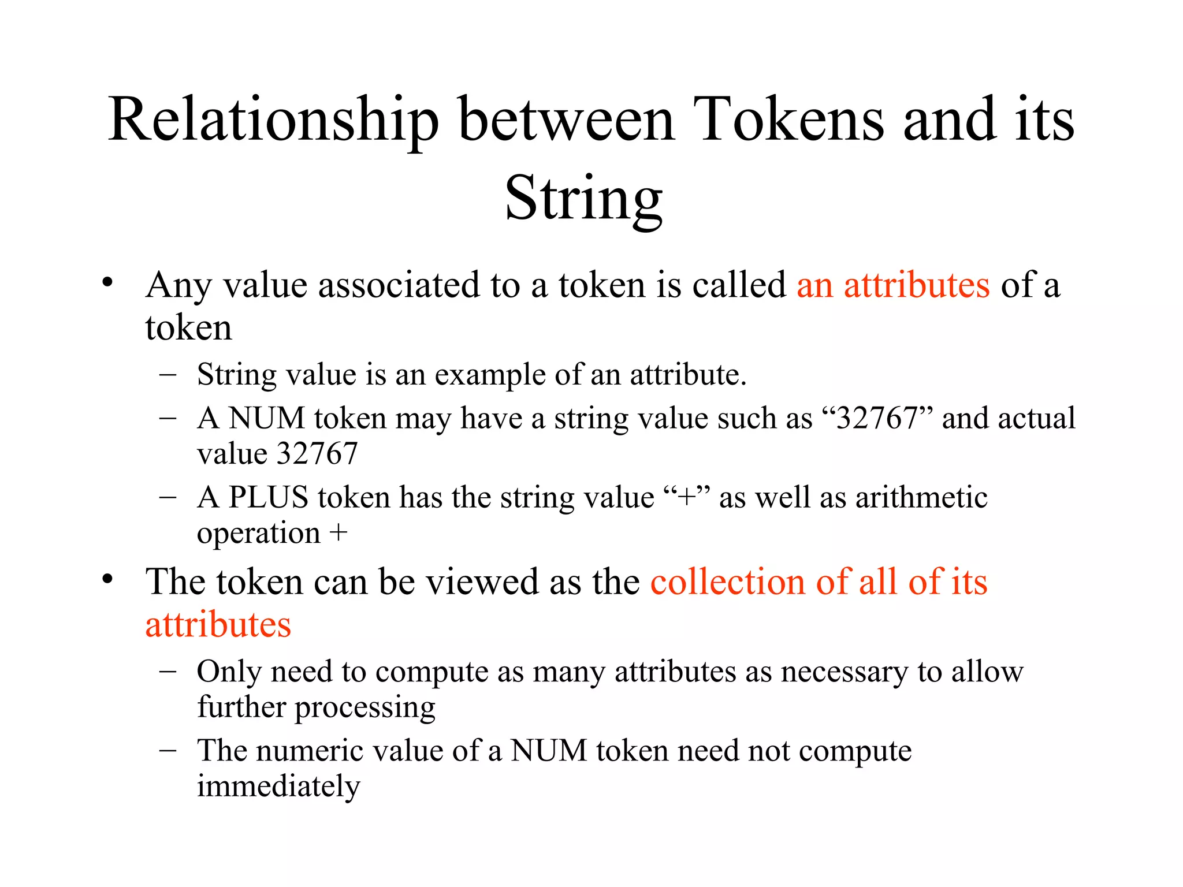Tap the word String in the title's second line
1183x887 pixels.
(x=583, y=199)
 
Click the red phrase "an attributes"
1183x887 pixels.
(x=893, y=285)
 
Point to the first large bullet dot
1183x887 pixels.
(x=107, y=283)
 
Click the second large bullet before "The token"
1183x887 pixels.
(x=107, y=579)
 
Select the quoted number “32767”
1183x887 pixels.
(x=877, y=418)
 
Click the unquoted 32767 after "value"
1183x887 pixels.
(x=317, y=453)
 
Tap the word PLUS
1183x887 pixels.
(x=268, y=497)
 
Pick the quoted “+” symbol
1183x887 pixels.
(x=687, y=497)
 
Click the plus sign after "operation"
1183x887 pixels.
(x=338, y=532)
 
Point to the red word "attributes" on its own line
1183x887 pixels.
(x=218, y=625)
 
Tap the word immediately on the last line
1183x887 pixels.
(x=278, y=786)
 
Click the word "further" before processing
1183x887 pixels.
(x=241, y=707)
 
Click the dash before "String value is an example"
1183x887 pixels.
(x=168, y=374)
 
